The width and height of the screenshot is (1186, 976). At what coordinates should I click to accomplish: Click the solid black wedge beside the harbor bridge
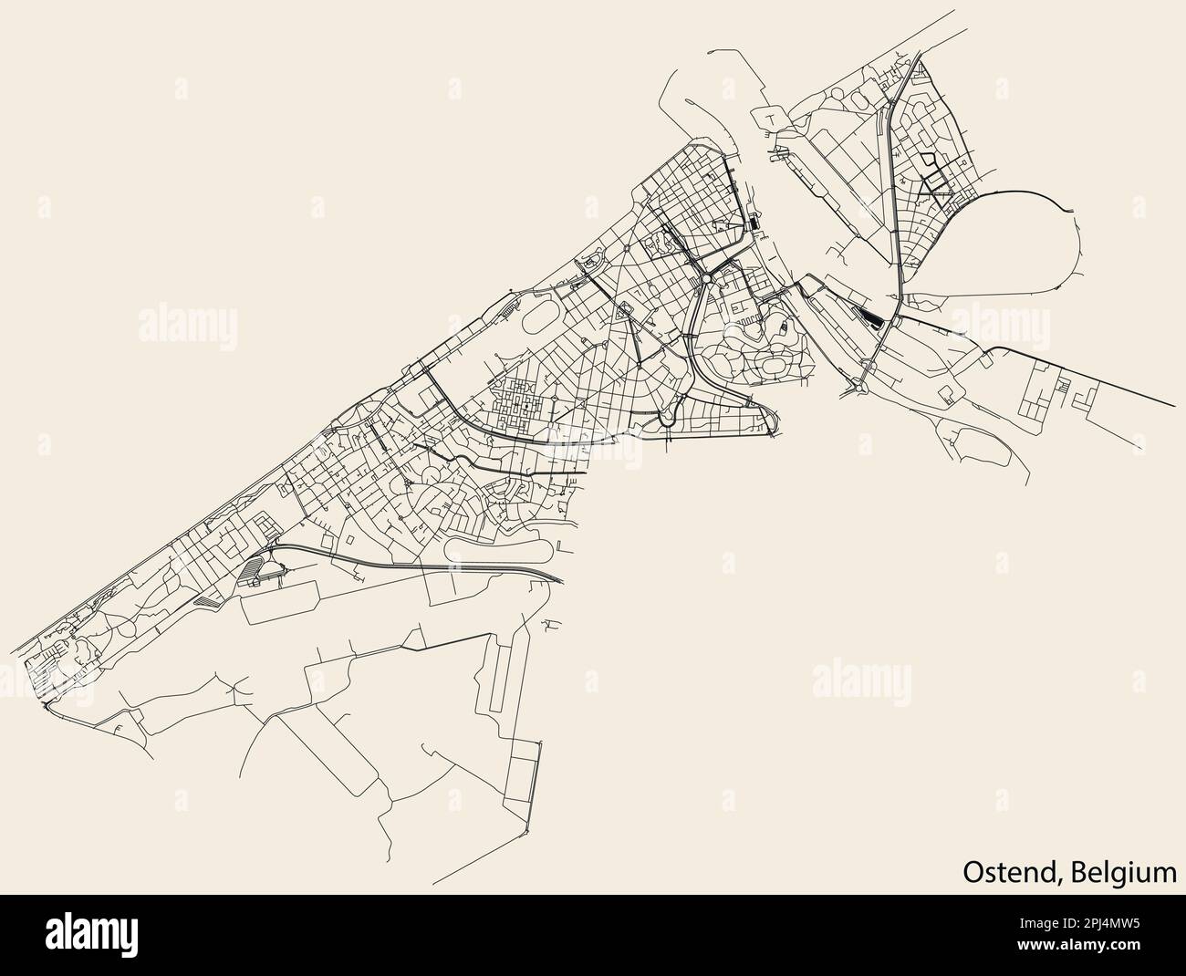tap(872, 316)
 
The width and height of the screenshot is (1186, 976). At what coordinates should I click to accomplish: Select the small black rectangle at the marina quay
tap(756, 223)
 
